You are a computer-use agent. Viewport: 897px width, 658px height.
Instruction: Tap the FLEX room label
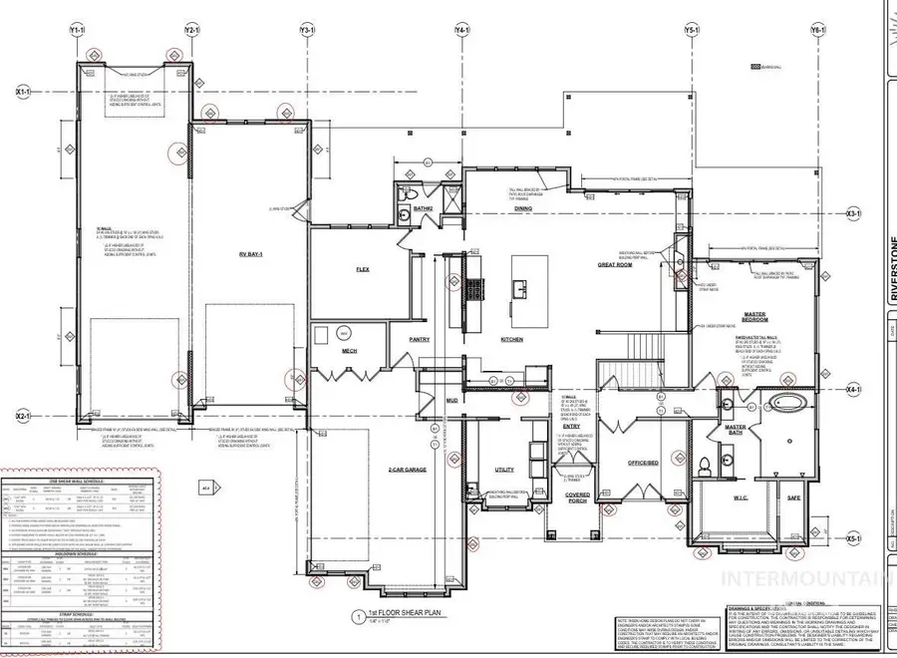[x=363, y=269]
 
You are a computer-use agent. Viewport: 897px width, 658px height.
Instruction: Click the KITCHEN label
[x=512, y=339]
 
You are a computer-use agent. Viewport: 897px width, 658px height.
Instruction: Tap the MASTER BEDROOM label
[x=754, y=316]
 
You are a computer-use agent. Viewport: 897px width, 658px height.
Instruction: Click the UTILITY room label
[x=504, y=469]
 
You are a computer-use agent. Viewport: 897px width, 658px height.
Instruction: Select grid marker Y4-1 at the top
[x=462, y=31]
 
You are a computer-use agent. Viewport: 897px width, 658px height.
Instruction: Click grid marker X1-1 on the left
[x=25, y=91]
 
